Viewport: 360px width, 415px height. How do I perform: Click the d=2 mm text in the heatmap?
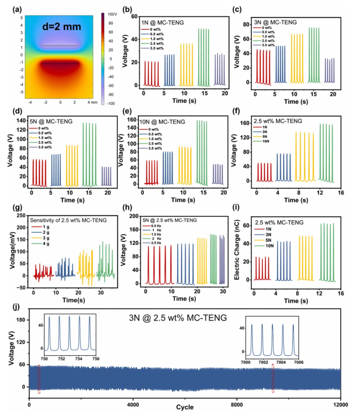click(x=62, y=26)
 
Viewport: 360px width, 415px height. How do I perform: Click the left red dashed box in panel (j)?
click(x=39, y=379)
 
